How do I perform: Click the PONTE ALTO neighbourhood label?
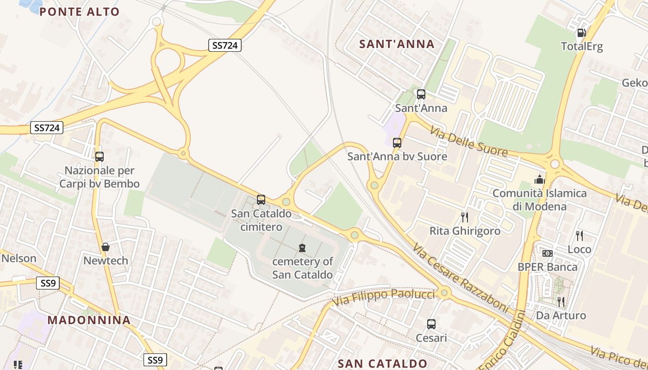[x=80, y=12]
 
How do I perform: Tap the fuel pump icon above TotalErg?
[x=581, y=33]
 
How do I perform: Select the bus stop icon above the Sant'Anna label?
[x=421, y=94]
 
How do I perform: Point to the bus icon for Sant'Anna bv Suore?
[x=397, y=143]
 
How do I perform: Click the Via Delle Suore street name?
[x=468, y=141]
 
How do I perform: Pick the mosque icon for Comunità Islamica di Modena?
[x=539, y=179]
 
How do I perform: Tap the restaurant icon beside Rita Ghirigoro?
[x=465, y=217]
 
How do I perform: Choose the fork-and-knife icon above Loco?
[x=579, y=236]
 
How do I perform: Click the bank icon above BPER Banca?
[x=548, y=253]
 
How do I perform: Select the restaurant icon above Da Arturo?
[x=561, y=302]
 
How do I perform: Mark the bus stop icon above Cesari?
[x=431, y=324]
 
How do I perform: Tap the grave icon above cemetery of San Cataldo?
[x=302, y=248]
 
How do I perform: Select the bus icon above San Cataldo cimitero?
[x=261, y=200]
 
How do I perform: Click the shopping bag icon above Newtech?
[x=106, y=247]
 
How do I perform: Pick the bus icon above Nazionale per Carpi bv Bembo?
[x=100, y=157]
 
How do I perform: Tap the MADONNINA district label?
[x=89, y=320]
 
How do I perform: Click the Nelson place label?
[x=19, y=258]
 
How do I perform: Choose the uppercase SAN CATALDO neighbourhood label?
[x=382, y=364]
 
